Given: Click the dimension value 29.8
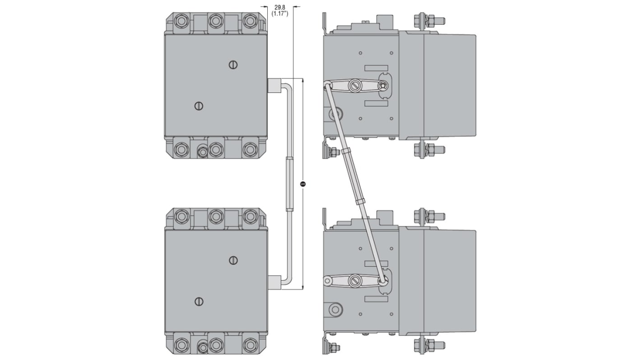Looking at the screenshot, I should click(x=279, y=7).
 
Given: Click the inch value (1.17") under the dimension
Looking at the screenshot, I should click(x=279, y=14).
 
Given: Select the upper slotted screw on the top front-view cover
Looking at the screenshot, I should click(x=233, y=65).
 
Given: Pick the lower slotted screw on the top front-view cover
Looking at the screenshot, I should click(x=199, y=106).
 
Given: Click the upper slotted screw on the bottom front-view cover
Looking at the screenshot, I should click(x=233, y=260).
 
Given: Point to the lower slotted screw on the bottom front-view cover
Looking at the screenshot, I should click(x=199, y=301).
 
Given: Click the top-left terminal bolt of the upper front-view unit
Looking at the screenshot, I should click(x=181, y=21).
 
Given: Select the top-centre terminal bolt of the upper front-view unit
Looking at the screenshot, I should click(x=216, y=21).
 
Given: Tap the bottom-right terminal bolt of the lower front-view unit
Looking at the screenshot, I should click(x=250, y=345).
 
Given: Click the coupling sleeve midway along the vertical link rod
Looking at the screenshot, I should click(x=289, y=184).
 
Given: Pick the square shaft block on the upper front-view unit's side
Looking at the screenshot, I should click(x=274, y=85).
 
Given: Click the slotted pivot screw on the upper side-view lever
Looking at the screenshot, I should click(x=355, y=85).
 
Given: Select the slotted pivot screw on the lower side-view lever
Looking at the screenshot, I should click(x=355, y=281).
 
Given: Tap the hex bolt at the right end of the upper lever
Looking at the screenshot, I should click(x=383, y=85).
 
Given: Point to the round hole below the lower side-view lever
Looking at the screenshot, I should click(x=334, y=309).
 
